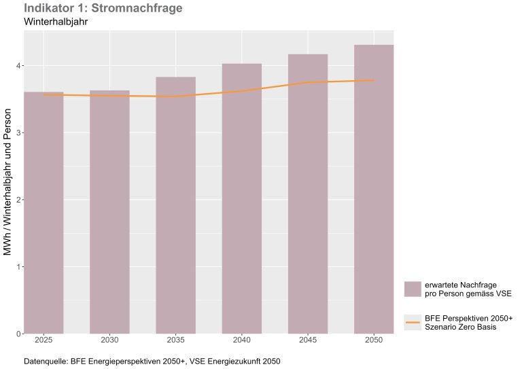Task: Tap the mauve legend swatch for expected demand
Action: [x=413, y=289]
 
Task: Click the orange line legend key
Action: [x=413, y=322]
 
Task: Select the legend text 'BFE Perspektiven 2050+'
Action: [x=468, y=317]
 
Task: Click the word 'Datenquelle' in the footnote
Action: [x=46, y=361]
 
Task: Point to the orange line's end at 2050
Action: [x=373, y=80]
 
